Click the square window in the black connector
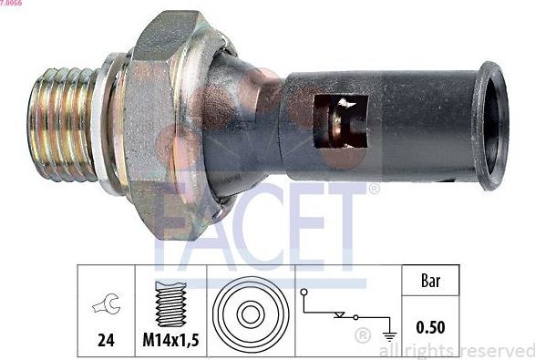point(340,119)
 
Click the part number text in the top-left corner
point(12,5)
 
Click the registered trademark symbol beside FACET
point(374,190)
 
